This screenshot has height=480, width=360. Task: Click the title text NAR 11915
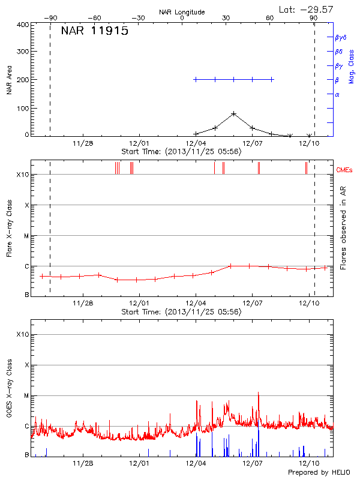coord(94,32)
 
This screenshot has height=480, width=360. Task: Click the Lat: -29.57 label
coord(307,9)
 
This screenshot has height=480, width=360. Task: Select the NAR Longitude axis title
coord(182,12)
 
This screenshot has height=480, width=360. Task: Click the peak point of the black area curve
coord(233,113)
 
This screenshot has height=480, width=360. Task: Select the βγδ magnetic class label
coord(340,37)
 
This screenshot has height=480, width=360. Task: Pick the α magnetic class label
coord(337,94)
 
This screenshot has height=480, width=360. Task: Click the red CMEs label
coord(344,170)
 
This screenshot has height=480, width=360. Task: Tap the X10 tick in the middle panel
coord(23,175)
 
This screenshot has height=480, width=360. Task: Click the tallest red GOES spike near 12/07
coord(259,393)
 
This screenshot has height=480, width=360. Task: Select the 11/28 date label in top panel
coord(83,143)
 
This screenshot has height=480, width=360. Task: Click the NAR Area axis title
coord(8,80)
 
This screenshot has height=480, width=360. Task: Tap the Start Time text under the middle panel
coord(181,312)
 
